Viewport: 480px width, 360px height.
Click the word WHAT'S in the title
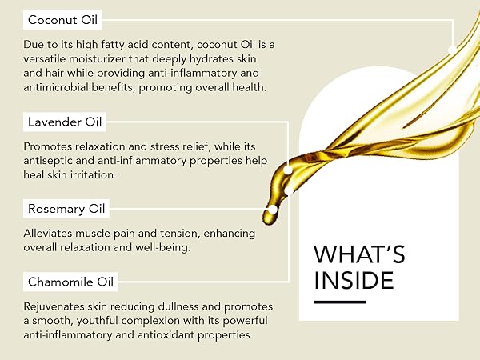click(x=359, y=254)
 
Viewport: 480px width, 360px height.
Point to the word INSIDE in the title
click(x=354, y=281)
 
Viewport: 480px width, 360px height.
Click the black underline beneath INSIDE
click(x=339, y=302)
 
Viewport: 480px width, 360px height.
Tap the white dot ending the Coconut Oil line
click(x=454, y=49)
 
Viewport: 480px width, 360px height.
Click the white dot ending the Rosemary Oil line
click(x=273, y=210)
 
